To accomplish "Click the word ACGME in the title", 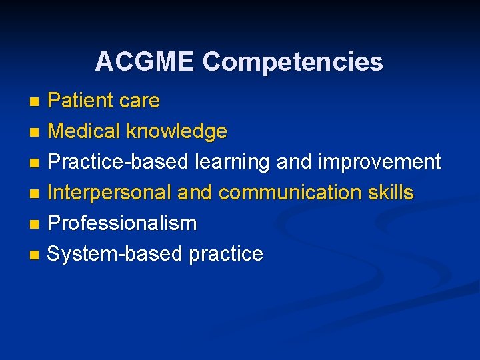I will pos(145,62).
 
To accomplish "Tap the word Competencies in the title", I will pos(293,62).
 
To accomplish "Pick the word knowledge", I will pos(178,131).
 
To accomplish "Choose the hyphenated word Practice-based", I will pos(118,162).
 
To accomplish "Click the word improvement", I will pos(379,162).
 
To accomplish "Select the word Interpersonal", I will pos(110,193).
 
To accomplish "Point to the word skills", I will pos(391,193).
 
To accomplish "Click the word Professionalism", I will pos(123,223).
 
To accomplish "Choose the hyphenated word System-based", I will pos(116,254).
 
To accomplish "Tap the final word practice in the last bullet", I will pos(226,254).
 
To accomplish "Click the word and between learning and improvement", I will pos(294,162).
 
